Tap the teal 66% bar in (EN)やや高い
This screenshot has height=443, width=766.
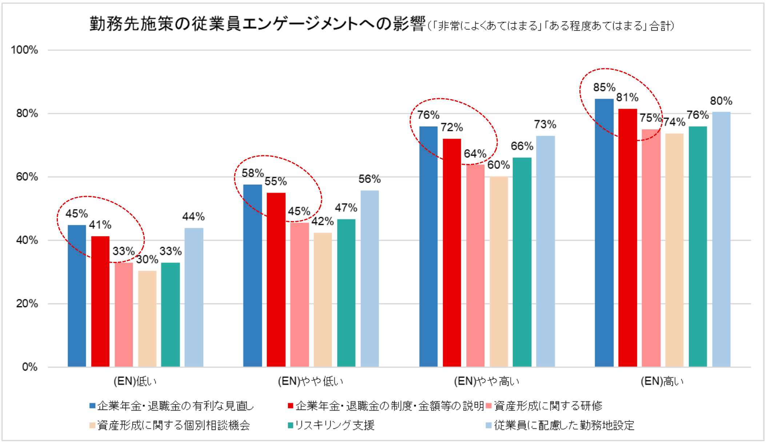(x=522, y=262)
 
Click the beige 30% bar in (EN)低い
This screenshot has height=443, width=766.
(x=147, y=319)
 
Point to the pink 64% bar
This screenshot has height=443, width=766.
(x=475, y=266)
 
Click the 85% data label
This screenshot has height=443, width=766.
(x=604, y=88)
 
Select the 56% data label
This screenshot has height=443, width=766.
(x=369, y=179)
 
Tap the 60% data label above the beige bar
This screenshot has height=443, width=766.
(x=498, y=165)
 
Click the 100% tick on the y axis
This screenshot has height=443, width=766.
(x=24, y=50)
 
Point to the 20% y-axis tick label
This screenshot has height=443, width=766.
(x=27, y=304)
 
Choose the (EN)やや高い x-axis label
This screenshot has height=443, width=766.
(x=487, y=381)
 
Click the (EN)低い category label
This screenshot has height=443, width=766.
(x=135, y=381)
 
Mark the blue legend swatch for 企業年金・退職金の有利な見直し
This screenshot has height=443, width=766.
(x=92, y=406)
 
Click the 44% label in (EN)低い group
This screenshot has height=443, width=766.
(x=193, y=217)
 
